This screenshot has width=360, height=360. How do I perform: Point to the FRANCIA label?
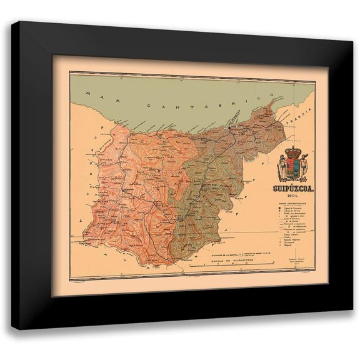click(301, 118)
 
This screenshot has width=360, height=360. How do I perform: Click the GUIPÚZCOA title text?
click(292, 186)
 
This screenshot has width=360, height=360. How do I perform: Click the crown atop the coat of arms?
click(292, 152)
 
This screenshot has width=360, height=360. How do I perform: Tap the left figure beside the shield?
click(282, 167)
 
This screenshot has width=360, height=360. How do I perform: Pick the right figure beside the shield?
click(303, 167)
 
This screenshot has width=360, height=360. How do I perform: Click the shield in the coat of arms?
click(292, 167)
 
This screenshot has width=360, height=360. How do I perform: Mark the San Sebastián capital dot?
click(229, 127)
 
